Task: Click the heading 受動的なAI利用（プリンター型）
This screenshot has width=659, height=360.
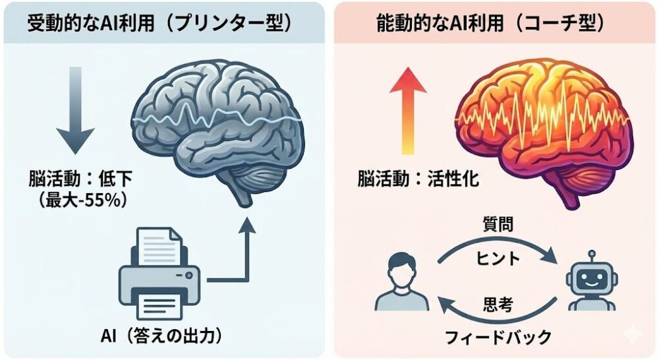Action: [159, 25]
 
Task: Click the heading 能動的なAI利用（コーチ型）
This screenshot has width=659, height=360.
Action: [492, 25]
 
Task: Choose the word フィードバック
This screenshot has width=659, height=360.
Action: [498, 338]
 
